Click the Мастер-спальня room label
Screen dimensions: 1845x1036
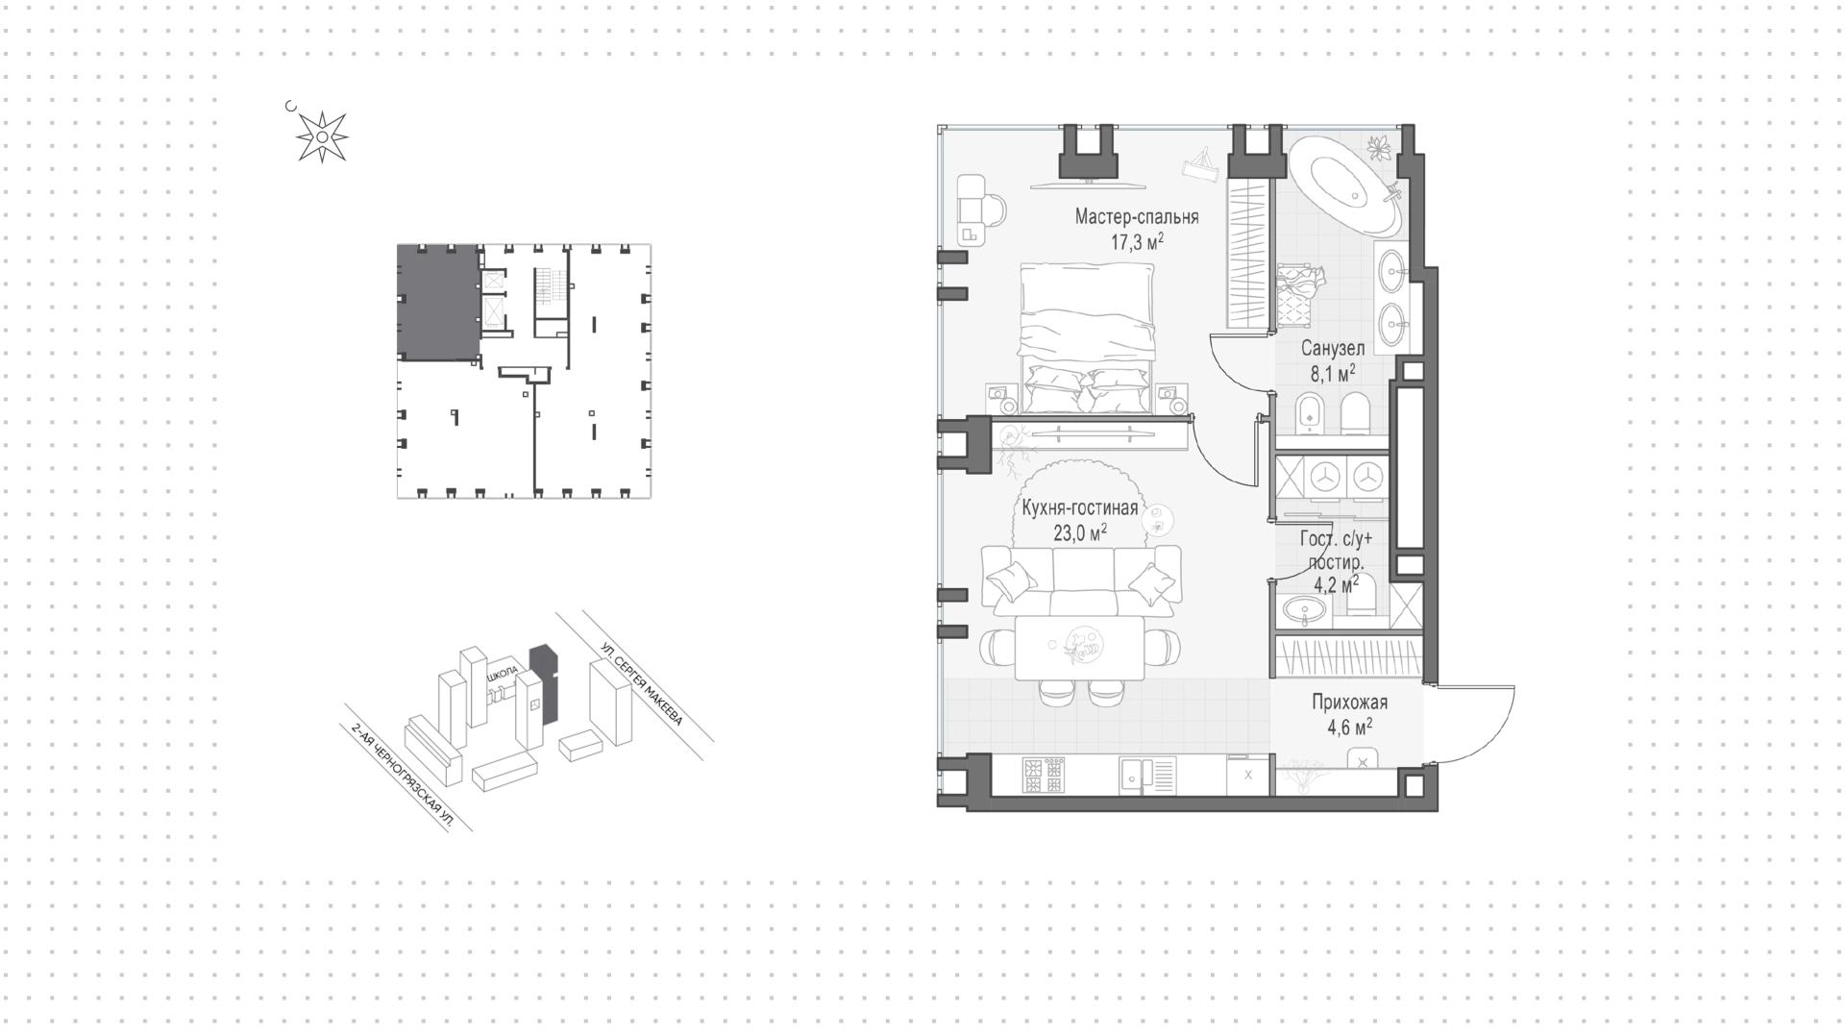point(1137,217)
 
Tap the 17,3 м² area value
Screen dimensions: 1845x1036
point(1138,241)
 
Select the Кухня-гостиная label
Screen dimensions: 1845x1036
point(1080,508)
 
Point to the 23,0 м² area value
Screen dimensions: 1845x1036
point(1080,532)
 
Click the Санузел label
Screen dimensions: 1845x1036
point(1333,349)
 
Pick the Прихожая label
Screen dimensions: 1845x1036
point(1350,703)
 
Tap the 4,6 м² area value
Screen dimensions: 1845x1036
point(1350,728)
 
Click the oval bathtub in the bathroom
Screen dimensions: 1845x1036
point(1344,186)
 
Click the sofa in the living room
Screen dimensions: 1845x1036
point(1081,580)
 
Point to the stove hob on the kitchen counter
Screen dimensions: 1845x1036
point(1043,775)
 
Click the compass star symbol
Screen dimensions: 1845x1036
point(321,136)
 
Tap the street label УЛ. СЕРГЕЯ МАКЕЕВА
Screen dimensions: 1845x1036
point(641,683)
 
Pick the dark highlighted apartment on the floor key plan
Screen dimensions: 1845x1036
point(438,303)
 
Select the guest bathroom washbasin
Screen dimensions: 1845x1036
point(1304,608)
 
